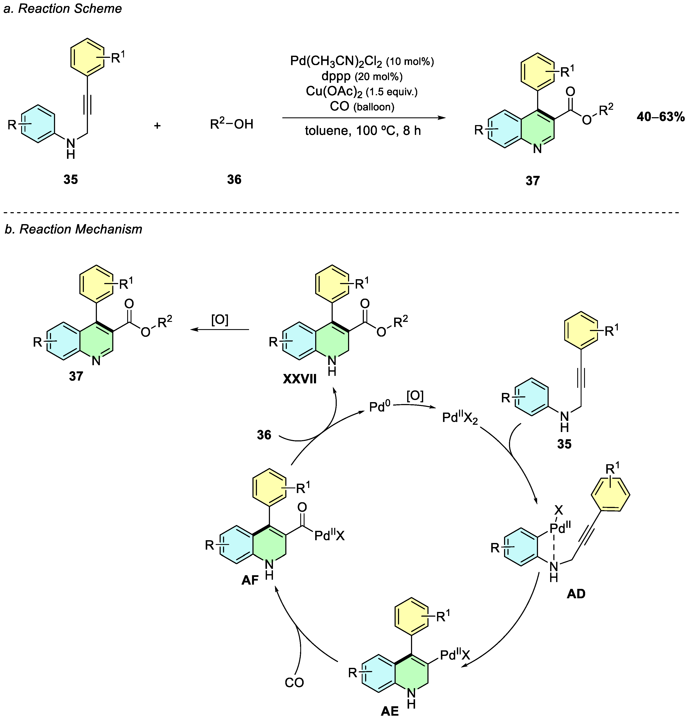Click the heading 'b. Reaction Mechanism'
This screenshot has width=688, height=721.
pos(73,229)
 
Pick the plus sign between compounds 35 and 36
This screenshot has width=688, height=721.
pos(157,126)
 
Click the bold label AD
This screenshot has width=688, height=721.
pos(576,593)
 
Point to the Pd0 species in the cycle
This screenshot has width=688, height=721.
pos(380,407)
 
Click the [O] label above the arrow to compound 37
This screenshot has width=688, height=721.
pos(220,320)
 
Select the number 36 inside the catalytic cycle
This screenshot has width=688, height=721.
pos(264,435)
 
